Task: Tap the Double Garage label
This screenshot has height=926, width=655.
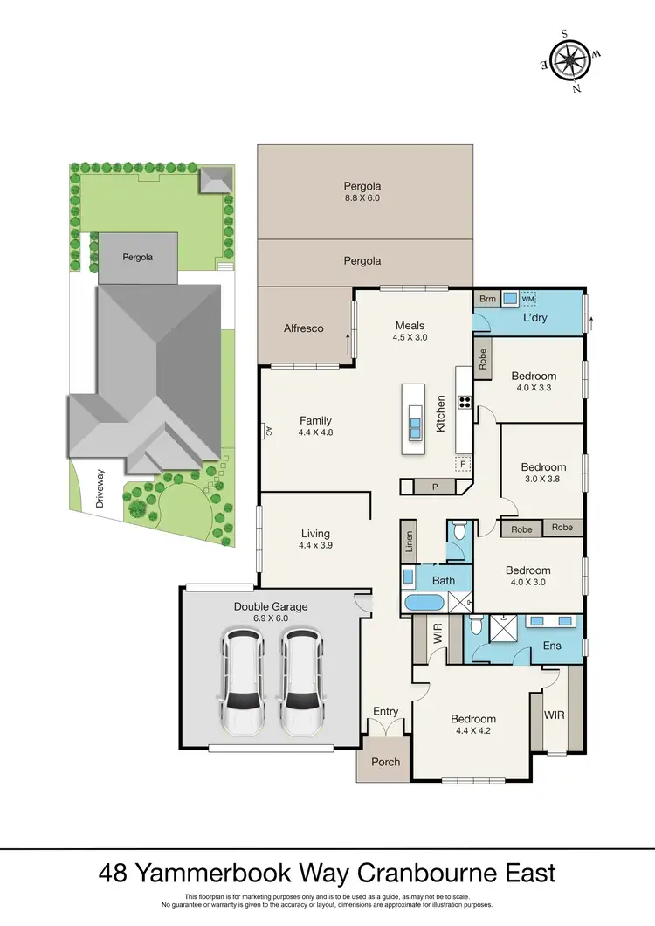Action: click(x=270, y=606)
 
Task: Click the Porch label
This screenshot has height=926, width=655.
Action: click(x=385, y=762)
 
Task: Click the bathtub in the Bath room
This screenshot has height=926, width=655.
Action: click(x=424, y=602)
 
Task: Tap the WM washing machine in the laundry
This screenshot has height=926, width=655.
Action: click(x=527, y=300)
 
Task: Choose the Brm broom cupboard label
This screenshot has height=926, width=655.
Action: click(x=486, y=299)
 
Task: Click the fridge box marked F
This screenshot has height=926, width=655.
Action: click(x=463, y=464)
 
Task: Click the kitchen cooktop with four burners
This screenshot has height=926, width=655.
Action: click(x=464, y=404)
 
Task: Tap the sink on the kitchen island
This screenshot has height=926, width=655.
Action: click(x=415, y=426)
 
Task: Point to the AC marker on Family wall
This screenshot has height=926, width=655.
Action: click(x=268, y=431)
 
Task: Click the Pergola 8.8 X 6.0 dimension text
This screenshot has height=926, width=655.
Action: click(x=362, y=198)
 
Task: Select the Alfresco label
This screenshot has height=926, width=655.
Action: click(x=304, y=328)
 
